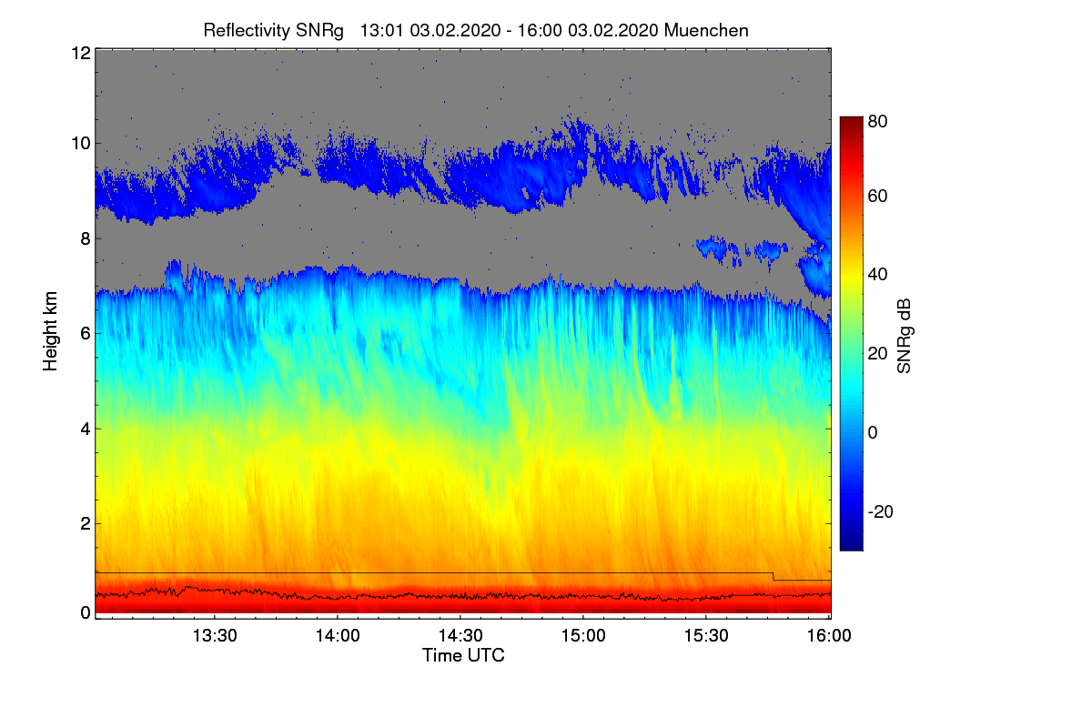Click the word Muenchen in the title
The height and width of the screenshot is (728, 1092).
706,30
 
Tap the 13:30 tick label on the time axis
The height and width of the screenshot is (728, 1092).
215,636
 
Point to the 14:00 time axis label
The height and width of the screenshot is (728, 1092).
338,636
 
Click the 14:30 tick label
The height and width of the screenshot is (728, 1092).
460,636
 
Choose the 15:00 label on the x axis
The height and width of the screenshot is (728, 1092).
583,636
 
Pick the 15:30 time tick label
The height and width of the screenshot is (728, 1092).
706,636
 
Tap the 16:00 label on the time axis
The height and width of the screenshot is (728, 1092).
829,636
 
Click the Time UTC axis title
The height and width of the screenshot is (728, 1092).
463,655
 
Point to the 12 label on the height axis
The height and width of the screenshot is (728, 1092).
79,53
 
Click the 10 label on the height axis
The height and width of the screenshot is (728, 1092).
79,143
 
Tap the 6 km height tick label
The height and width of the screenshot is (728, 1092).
84,333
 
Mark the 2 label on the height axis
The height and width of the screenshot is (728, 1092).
84,523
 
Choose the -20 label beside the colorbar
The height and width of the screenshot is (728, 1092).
880,511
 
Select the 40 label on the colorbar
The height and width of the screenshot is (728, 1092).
878,275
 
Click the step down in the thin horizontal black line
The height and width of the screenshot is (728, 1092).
773,576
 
